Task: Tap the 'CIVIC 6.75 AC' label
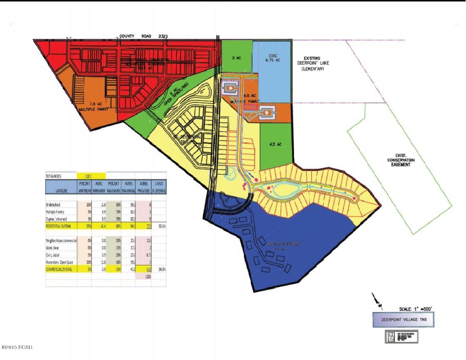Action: (272, 58)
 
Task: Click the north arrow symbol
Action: (378, 301)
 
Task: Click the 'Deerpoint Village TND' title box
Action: (403, 320)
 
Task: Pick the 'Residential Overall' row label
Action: (61, 226)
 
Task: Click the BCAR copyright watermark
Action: (17, 347)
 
